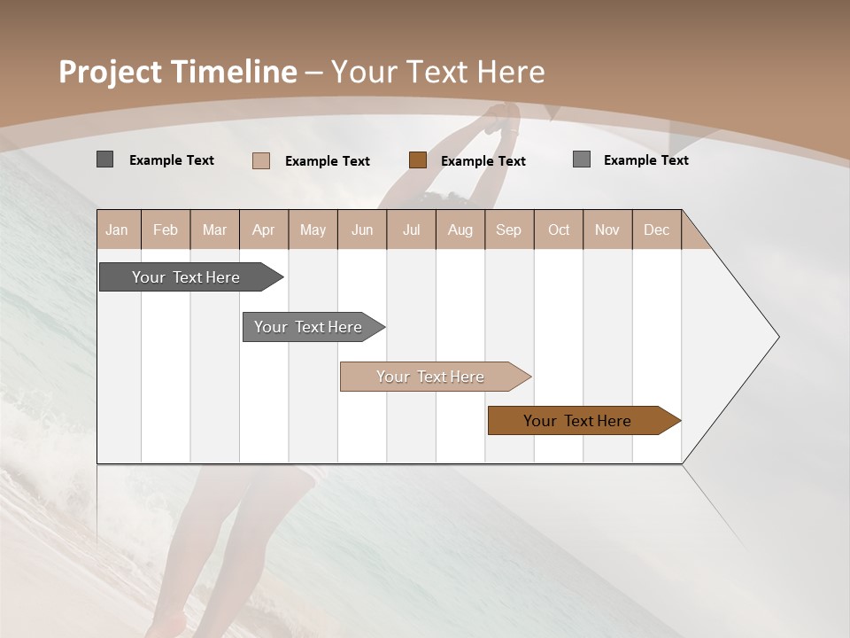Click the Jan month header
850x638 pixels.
pos(117,230)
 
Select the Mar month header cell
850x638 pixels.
pos(214,230)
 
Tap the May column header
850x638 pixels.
pos(313,230)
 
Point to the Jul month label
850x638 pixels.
pos(411,230)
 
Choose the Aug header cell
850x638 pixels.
pos(460,230)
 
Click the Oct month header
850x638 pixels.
pos(559,230)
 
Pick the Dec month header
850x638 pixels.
pos(656,230)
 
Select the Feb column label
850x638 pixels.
pos(166,230)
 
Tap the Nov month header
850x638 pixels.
pos(607,230)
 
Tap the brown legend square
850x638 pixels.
pos(418,160)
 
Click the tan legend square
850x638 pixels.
pos(261,160)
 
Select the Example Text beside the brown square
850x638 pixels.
pos(483,161)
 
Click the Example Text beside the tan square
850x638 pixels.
pos(327,161)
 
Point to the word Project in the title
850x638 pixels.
pos(111,72)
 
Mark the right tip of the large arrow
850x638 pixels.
pos(777,337)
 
